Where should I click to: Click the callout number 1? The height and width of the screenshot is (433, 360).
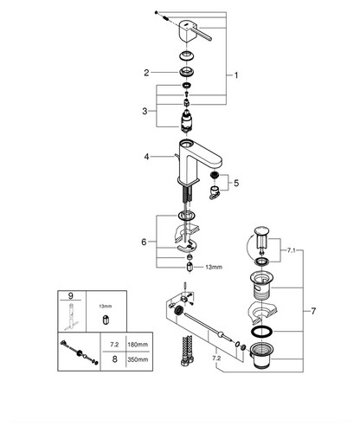tap(236, 75)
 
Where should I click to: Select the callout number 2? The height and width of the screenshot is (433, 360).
tap(146, 73)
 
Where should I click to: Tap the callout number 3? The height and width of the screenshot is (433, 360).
tap(145, 111)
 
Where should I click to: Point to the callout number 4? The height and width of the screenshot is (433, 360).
tap(147, 157)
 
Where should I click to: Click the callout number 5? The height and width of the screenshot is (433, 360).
tap(236, 183)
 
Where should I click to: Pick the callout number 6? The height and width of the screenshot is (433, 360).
tap(144, 242)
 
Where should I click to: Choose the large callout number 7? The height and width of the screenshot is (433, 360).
tap(313, 311)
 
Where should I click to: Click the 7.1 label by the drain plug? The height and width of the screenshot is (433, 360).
tap(292, 250)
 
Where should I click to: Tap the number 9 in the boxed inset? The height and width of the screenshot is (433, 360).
tap(71, 295)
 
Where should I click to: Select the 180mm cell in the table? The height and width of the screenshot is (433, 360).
tap(138, 345)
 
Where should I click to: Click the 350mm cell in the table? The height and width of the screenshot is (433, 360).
tap(138, 359)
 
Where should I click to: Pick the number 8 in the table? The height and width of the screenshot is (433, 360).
tap(114, 359)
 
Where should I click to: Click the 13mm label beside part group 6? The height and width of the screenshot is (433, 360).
tap(214, 267)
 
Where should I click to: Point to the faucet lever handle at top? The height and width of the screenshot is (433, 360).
tap(196, 31)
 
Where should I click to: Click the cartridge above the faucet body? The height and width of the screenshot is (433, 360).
tap(187, 121)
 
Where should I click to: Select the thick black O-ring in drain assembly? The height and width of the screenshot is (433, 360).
tap(262, 332)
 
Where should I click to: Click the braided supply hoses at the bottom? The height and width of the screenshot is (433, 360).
tap(187, 351)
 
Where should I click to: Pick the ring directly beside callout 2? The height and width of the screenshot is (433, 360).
tap(186, 72)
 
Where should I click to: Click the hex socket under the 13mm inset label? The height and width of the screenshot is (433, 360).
tap(106, 320)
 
